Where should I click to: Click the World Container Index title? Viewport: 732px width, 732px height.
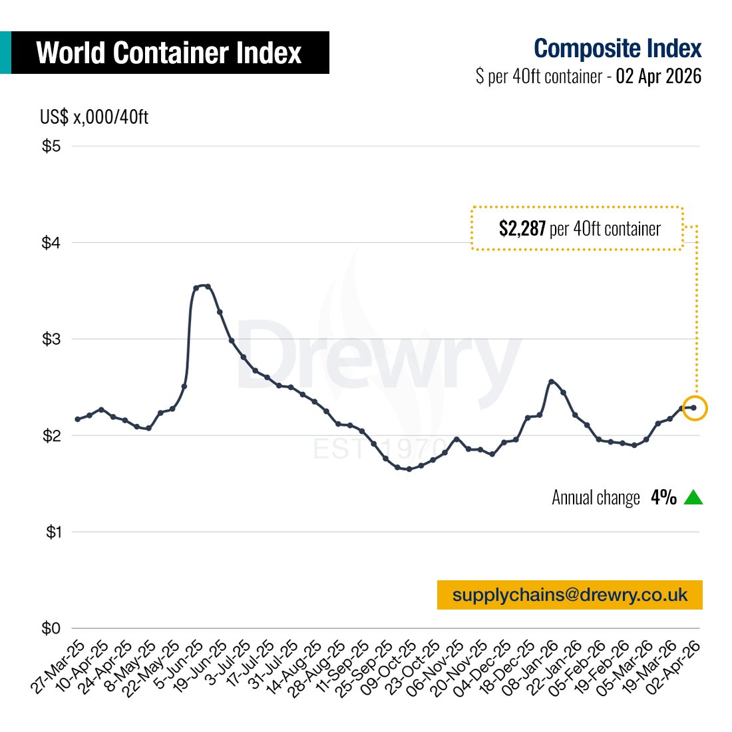[x=169, y=53]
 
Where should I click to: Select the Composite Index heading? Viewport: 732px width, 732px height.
[x=617, y=49]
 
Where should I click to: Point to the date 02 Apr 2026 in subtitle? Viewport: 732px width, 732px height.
[x=658, y=77]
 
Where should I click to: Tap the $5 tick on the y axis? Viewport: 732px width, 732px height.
[x=51, y=146]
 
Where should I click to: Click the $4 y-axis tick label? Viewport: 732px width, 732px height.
[x=51, y=243]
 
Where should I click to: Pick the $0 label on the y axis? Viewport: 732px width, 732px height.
[x=51, y=628]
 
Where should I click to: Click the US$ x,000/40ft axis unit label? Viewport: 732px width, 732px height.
[x=94, y=117]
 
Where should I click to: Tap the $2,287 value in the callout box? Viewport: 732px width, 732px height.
[x=522, y=229]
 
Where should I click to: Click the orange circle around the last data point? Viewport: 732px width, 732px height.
[x=695, y=408]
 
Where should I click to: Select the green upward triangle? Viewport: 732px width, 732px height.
[x=693, y=498]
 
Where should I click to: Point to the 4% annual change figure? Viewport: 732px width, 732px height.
[x=663, y=498]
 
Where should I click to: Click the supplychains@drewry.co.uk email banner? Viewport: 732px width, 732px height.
[x=570, y=595]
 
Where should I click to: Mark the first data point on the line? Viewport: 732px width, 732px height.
[x=77, y=419]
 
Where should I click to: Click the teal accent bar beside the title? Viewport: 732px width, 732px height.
[x=5, y=53]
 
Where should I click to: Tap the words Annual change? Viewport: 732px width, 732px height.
[x=596, y=498]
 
